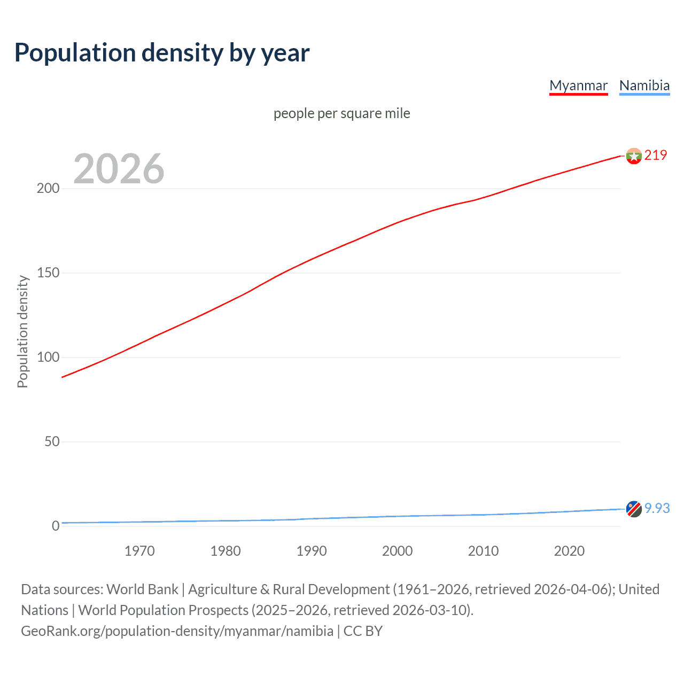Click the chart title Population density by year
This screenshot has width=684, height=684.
tap(162, 53)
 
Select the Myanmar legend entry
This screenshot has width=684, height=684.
tap(578, 85)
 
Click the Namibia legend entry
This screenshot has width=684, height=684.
tap(644, 85)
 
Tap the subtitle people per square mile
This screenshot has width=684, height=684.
tap(341, 113)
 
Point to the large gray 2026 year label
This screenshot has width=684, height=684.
tap(119, 169)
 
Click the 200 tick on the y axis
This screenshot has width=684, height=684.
tap(48, 189)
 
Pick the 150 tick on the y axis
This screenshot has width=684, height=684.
tap(48, 273)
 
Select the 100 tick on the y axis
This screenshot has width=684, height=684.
tap(48, 357)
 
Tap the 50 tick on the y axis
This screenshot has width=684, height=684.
tap(52, 442)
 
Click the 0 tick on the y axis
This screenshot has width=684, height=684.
tap(56, 526)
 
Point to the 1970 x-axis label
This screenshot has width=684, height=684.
tap(139, 551)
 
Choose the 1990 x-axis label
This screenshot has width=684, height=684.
tap(312, 551)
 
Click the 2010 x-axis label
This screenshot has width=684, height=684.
tap(483, 551)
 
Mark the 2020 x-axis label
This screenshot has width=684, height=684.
tap(569, 551)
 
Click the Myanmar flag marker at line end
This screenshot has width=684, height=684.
tap(634, 156)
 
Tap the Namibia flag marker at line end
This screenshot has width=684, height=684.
tap(634, 509)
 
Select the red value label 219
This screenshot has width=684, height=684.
tap(656, 156)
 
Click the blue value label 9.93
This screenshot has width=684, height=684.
tap(657, 509)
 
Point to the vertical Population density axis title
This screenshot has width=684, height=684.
tap(22, 331)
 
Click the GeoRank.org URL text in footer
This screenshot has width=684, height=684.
tap(177, 631)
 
